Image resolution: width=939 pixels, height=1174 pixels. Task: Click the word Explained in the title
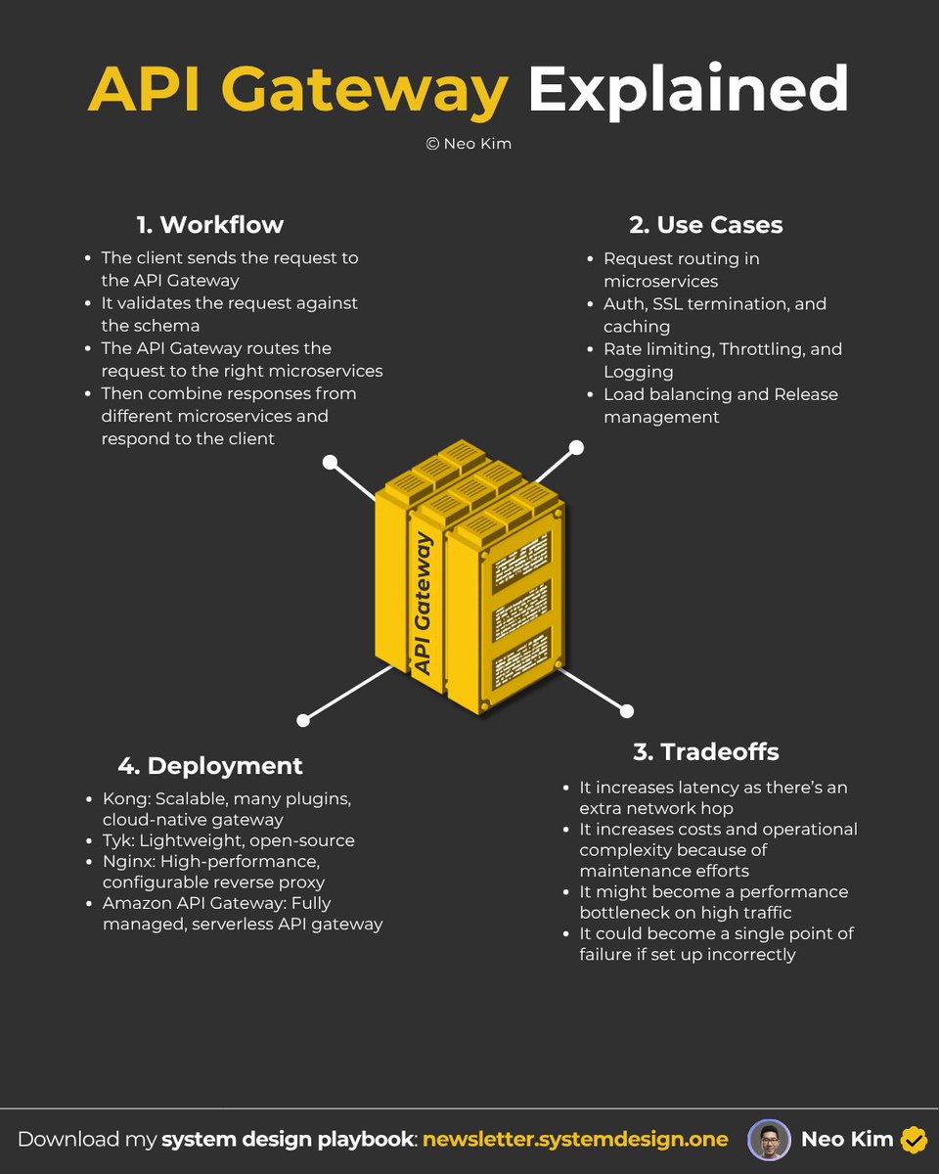click(688, 90)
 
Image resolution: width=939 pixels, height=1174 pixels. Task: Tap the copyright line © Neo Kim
click(469, 144)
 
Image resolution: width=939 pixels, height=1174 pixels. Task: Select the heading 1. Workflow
click(210, 224)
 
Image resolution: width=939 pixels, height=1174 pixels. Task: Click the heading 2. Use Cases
click(706, 224)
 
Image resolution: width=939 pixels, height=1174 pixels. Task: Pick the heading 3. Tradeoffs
click(706, 751)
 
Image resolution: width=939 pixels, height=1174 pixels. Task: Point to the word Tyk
click(116, 840)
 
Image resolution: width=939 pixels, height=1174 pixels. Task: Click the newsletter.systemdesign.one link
click(575, 1139)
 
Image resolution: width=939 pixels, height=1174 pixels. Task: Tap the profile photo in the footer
click(769, 1140)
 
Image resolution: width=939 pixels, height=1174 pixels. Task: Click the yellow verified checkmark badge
click(914, 1140)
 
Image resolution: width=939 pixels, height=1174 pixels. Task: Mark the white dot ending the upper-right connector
click(576, 447)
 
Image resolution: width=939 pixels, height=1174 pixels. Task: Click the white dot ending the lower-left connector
click(303, 720)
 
